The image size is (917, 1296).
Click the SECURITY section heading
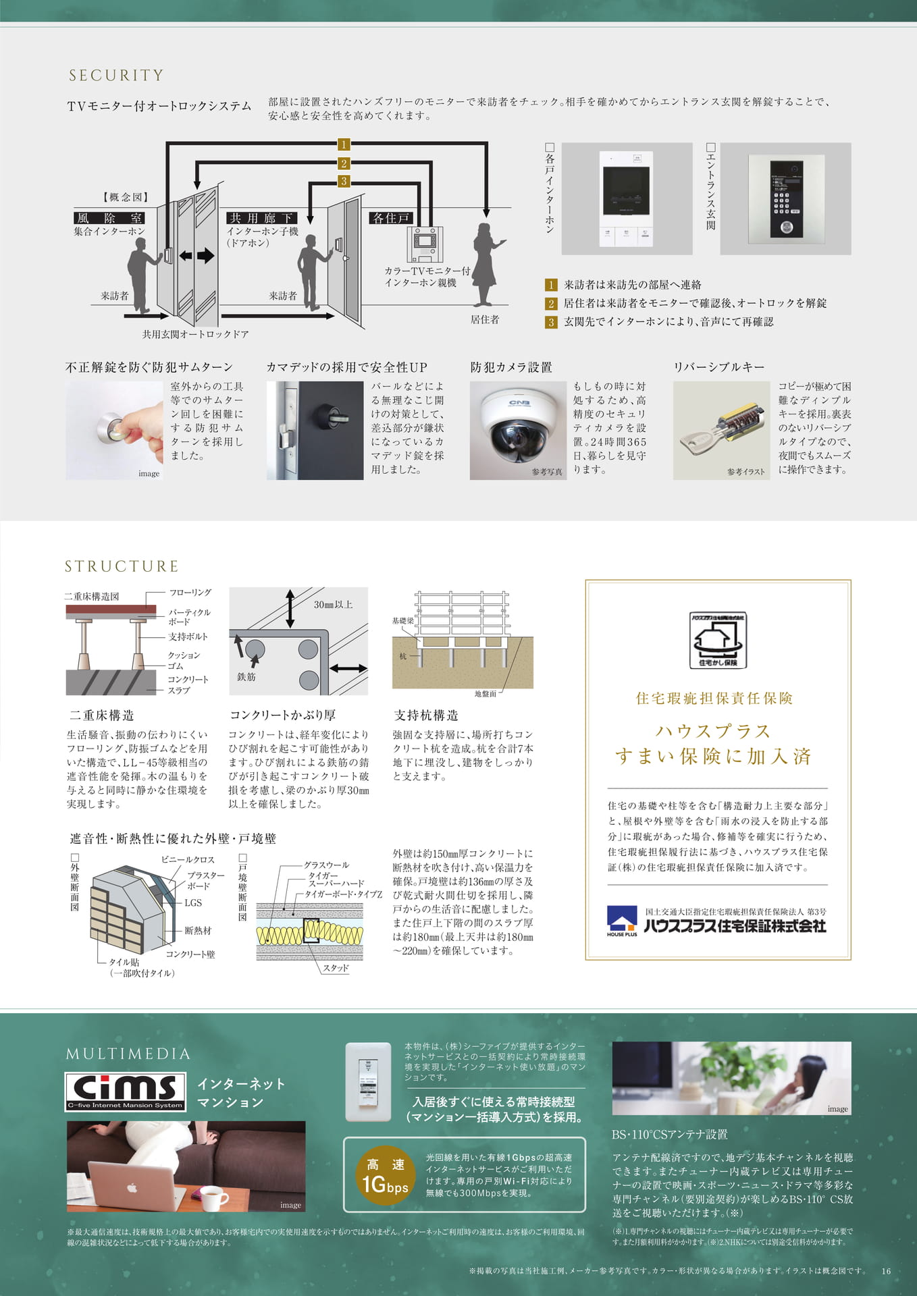click(x=116, y=75)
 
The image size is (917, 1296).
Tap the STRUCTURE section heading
click(x=122, y=566)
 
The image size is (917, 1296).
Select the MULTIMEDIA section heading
click(x=128, y=1054)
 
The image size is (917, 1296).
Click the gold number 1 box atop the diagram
click(x=344, y=144)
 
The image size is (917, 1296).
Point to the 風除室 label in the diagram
click(x=109, y=218)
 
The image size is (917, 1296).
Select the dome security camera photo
click(x=518, y=431)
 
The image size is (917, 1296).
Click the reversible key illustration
click(x=721, y=431)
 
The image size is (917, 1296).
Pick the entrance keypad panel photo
click(x=785, y=198)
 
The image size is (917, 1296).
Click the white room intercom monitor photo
click(x=627, y=198)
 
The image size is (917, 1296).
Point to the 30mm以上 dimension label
click(x=333, y=605)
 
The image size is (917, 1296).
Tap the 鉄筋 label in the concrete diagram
click(x=246, y=676)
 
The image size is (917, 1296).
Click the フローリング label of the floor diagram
click(x=190, y=593)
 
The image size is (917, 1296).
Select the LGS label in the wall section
click(x=193, y=902)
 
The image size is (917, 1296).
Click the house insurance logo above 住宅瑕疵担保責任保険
click(x=718, y=640)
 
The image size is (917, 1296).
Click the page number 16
click(x=886, y=1271)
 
